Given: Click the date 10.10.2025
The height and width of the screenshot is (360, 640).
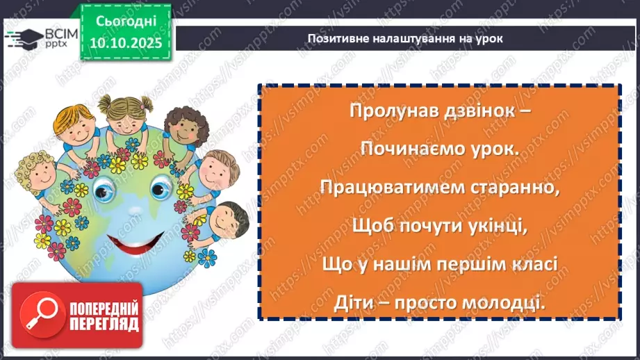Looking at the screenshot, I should pyautogui.click(x=125, y=42).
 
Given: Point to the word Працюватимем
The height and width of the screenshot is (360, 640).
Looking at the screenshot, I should pyautogui.click(x=391, y=188).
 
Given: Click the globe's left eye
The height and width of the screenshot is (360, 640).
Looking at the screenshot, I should pyautogui.click(x=110, y=186).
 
